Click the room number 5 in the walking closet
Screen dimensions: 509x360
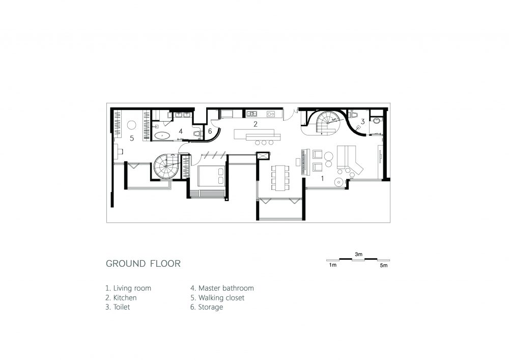coord(132,139)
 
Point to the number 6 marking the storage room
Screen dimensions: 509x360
coord(210,131)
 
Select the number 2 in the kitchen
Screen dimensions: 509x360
coord(256,124)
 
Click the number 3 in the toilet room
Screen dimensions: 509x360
coord(362,121)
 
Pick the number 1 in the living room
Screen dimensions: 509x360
coord(322,178)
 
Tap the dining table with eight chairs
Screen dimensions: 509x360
coord(280,178)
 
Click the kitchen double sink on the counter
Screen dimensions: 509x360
coord(251,114)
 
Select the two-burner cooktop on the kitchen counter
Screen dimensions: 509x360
coord(271,114)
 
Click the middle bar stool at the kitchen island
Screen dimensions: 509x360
coord(264,143)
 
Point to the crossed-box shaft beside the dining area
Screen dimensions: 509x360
coord(262,156)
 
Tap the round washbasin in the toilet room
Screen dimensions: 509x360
coord(376,121)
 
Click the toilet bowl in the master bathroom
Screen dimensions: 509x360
coord(196,133)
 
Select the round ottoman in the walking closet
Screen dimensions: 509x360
coord(131,125)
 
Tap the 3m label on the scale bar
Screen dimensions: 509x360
coord(358,254)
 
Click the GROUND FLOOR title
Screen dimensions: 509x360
coord(143,263)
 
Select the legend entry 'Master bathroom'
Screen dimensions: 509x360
coord(222,288)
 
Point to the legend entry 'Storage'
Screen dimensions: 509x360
coord(207,307)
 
